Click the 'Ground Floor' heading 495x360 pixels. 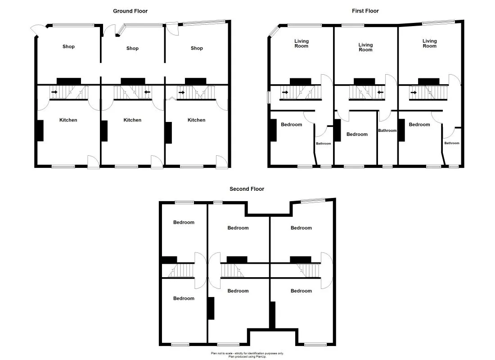130,11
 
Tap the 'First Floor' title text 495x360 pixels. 365,11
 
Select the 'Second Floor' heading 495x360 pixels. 247,189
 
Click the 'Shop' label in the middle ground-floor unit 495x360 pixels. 132,48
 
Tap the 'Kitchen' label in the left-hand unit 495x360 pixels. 68,120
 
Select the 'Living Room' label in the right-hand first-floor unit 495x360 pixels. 429,44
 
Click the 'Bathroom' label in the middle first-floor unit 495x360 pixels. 387,130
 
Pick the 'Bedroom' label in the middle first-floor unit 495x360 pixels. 357,134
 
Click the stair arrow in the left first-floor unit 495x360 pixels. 284,93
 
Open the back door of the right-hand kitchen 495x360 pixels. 222,162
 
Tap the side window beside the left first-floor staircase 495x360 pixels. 269,97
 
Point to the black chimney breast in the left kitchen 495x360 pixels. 40,130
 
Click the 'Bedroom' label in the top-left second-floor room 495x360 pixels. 184,222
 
